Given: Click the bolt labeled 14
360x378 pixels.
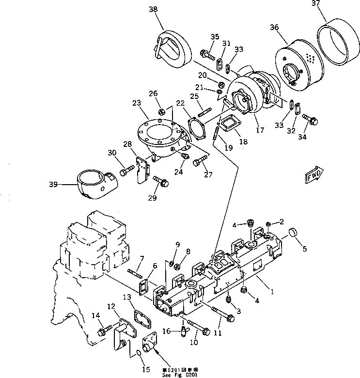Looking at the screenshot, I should pyautogui.click(x=104, y=331).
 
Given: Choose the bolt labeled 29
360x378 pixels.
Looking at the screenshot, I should pyautogui.click(x=162, y=183).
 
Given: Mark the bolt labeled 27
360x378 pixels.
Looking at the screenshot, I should pyautogui.click(x=199, y=162).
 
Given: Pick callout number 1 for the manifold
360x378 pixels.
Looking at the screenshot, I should pyautogui.click(x=273, y=292).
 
